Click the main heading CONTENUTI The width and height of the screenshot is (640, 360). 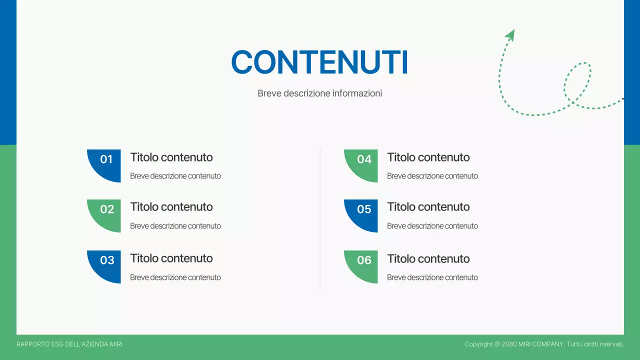click(319, 63)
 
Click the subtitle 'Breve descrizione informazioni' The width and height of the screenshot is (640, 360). click(319, 93)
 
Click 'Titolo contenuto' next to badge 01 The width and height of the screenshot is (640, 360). click(171, 157)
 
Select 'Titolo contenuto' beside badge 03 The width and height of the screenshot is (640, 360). click(171, 258)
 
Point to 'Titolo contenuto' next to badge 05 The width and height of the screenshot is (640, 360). click(428, 207)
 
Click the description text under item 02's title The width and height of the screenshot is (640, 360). click(175, 226)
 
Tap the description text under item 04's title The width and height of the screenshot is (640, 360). click(432, 176)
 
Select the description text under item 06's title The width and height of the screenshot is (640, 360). click(432, 277)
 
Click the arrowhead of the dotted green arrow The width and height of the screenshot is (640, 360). click(510, 34)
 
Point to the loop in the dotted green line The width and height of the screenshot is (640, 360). click(578, 82)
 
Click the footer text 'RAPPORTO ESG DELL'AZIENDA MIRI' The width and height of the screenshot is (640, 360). click(69, 344)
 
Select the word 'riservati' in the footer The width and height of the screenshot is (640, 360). click(610, 344)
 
